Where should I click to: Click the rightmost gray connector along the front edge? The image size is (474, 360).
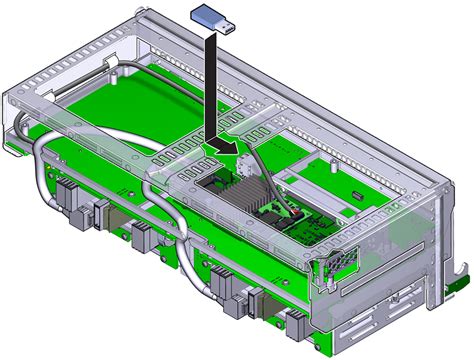click(x=297, y=320)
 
